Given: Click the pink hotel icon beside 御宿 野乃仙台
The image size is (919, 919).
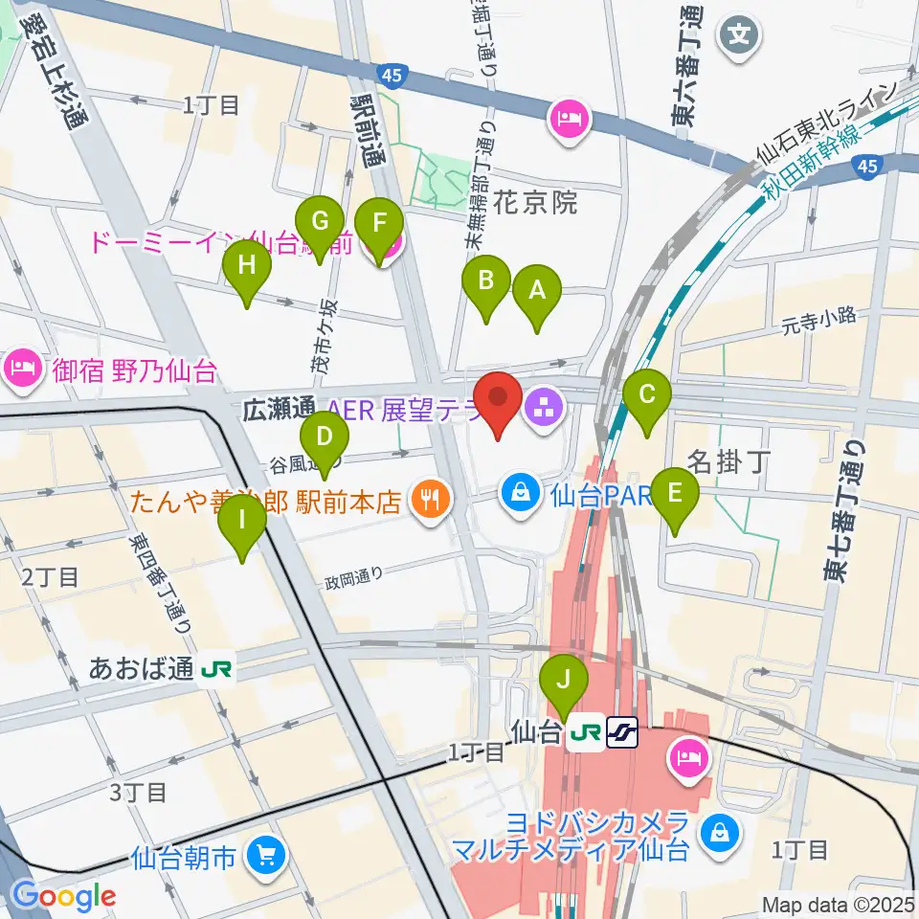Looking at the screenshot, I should (21, 367).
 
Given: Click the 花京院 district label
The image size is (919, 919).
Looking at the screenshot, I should (537, 202).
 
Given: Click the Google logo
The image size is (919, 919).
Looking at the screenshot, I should (63, 896).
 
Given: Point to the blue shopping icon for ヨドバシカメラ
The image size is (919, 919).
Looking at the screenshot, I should (717, 833).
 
